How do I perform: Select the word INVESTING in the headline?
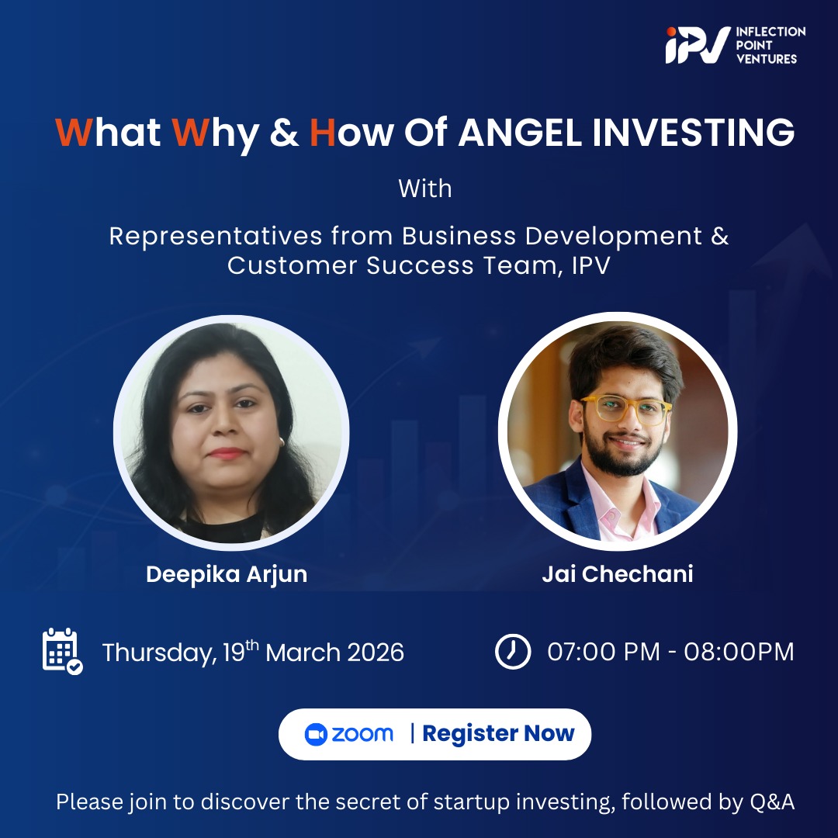pos(694,133)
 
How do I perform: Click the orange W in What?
pos(74,133)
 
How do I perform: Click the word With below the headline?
pos(424,189)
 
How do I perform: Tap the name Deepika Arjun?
pos(227,574)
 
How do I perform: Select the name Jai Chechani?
pos(617,574)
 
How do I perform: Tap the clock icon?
pos(512,651)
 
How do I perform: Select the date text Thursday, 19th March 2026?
pos(253,652)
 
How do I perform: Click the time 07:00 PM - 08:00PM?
pos(670,652)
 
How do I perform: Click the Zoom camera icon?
pos(316,734)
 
